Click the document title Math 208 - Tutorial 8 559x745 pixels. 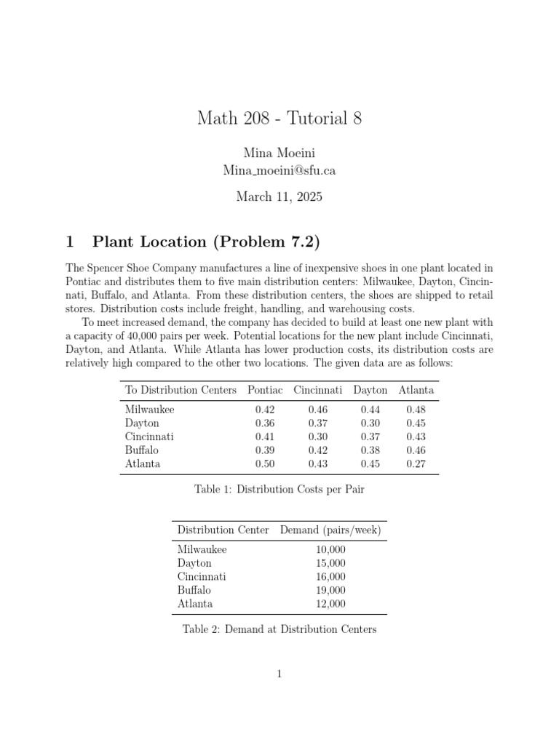(x=279, y=119)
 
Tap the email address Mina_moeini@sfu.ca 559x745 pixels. (x=279, y=170)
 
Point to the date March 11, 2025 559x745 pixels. (x=279, y=196)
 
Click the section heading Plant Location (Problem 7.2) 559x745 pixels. (x=207, y=242)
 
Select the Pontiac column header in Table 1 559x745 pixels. (x=265, y=390)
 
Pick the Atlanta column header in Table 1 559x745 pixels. (x=416, y=390)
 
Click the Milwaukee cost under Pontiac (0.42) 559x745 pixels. (x=265, y=410)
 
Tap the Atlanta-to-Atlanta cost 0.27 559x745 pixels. (x=416, y=464)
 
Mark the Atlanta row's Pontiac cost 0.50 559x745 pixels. (x=265, y=464)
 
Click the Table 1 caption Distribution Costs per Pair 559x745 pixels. (x=279, y=490)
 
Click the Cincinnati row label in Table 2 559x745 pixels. (x=202, y=576)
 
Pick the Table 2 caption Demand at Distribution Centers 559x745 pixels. (x=279, y=629)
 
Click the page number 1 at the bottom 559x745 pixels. (x=279, y=674)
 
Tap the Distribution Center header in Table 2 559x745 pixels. (x=223, y=530)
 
